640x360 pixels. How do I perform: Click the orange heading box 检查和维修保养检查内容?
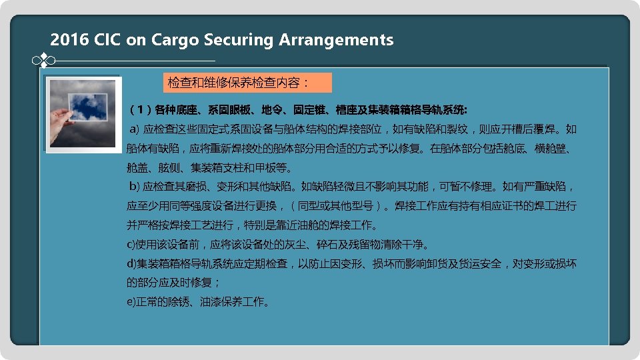coord(247,83)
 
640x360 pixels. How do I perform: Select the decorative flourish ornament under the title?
coord(43,61)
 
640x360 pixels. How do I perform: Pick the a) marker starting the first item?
coord(133,129)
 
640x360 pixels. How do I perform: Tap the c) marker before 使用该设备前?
coord(131,244)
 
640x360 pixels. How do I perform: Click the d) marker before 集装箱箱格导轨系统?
coord(132,263)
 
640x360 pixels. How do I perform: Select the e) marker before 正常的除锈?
coord(131,302)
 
